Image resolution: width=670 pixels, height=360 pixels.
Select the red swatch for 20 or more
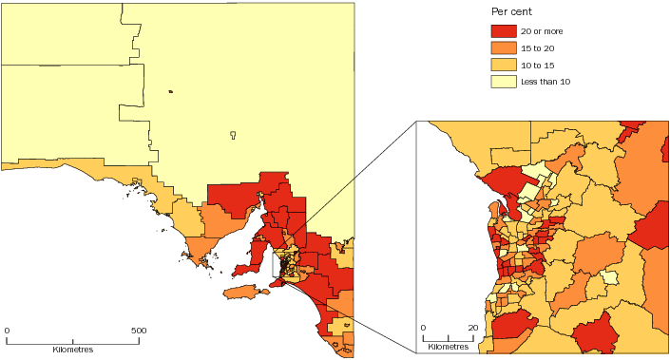(x=503, y=31)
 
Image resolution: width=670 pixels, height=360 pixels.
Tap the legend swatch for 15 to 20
(x=503, y=48)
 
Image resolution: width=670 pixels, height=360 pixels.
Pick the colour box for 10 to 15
(x=503, y=66)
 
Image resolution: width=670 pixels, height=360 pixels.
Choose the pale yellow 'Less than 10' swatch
(x=503, y=83)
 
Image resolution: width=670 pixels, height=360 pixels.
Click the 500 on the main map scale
(x=139, y=331)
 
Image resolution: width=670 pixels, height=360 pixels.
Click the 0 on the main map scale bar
(x=8, y=331)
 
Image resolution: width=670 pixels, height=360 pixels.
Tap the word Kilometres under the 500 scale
(x=73, y=350)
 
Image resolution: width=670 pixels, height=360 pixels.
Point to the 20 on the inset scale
(x=472, y=328)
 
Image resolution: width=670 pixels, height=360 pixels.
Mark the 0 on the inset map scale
(x=423, y=328)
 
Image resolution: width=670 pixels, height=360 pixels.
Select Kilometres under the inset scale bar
(x=448, y=347)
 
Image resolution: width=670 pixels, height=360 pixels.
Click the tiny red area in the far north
(x=170, y=92)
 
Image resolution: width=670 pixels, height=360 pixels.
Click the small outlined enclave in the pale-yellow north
(x=233, y=135)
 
